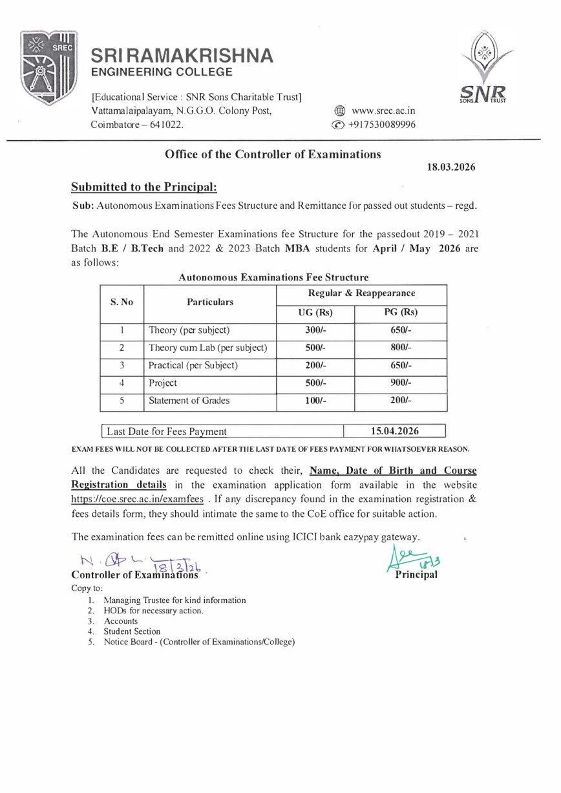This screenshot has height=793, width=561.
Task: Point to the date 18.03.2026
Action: [451, 167]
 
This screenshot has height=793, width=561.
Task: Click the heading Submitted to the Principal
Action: [144, 187]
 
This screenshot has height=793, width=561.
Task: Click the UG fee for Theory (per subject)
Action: [315, 330]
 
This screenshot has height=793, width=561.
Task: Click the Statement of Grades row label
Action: [189, 401]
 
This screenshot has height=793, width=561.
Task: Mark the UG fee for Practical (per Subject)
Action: [315, 365]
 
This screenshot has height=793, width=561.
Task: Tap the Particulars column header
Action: [210, 302]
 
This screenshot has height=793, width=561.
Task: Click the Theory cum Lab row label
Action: [207, 348]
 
